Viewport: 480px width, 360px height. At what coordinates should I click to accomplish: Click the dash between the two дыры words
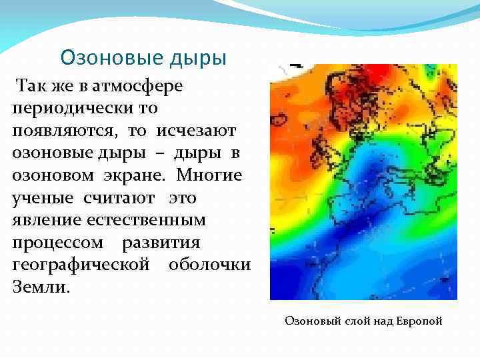(160, 153)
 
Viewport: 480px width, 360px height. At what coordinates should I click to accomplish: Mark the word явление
(45, 219)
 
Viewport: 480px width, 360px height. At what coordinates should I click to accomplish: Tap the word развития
(169, 242)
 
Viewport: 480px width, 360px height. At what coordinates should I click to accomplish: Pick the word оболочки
(209, 265)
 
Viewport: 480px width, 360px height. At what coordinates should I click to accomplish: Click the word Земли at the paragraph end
(38, 287)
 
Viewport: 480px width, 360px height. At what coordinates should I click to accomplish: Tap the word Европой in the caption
(419, 321)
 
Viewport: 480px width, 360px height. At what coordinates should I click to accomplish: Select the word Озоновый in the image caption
(313, 321)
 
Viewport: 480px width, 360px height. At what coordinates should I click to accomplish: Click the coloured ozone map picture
(363, 181)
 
